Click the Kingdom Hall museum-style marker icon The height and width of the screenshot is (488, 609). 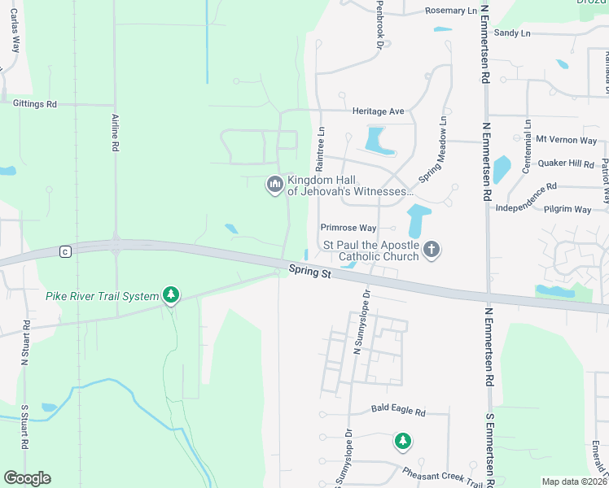[x=274, y=186]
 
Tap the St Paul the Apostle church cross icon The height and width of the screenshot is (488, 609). [x=432, y=250]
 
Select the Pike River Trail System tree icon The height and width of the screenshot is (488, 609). [x=170, y=294]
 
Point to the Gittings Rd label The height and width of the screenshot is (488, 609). [x=35, y=104]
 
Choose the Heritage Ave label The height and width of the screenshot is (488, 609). [x=378, y=111]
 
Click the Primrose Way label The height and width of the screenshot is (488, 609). [x=348, y=229]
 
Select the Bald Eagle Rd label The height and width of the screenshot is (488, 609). [x=398, y=412]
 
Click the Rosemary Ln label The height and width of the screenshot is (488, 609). [x=451, y=11]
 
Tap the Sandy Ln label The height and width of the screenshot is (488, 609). [x=512, y=33]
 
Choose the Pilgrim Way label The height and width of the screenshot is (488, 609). [x=567, y=209]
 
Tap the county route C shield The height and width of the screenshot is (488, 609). [x=64, y=252]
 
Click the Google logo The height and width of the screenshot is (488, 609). [x=27, y=478]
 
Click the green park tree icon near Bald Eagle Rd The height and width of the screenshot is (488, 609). [x=402, y=442]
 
